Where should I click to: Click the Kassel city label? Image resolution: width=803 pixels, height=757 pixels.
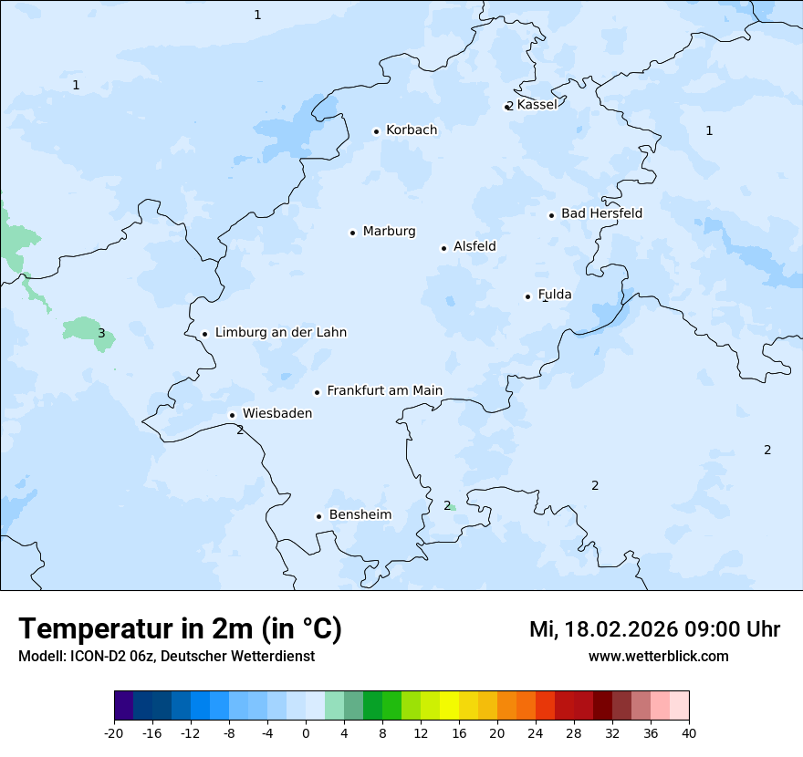(537, 105)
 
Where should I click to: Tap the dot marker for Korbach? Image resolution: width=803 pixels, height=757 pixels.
(376, 131)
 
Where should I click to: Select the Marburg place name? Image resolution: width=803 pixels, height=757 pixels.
(389, 232)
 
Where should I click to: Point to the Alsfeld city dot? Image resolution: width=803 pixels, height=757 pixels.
(443, 248)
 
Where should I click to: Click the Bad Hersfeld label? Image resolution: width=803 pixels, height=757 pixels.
(601, 213)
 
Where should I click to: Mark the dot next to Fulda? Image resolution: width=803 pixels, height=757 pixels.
(527, 296)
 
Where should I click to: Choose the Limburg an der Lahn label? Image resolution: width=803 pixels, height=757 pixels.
(280, 333)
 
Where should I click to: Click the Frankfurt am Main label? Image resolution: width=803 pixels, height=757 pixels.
(384, 391)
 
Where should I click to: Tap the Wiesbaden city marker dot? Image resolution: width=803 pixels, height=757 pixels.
(232, 415)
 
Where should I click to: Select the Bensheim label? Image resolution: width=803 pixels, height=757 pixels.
(360, 515)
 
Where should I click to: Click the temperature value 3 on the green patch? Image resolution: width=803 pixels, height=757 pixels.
(101, 334)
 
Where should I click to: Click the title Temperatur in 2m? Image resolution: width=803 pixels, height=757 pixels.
(180, 629)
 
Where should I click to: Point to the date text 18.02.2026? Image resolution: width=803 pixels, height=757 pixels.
(618, 630)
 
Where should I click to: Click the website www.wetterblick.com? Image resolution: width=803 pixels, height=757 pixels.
(658, 657)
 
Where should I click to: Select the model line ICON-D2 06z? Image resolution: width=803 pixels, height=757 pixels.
(166, 657)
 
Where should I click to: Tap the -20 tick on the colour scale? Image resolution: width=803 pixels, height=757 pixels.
(114, 733)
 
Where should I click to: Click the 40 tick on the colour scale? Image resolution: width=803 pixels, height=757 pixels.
(688, 733)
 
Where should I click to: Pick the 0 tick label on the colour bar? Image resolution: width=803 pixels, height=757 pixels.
(306, 733)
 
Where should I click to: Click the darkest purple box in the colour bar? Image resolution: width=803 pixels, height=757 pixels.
(124, 706)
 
